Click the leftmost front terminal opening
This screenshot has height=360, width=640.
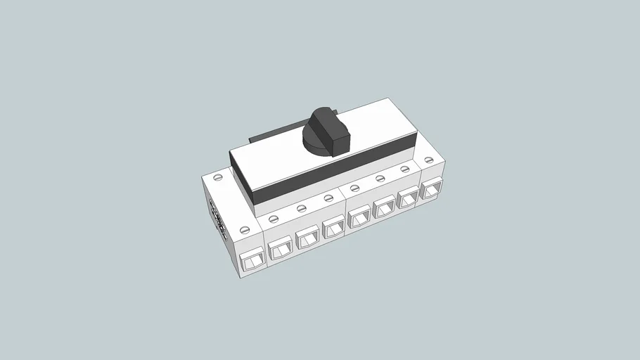click(x=252, y=262)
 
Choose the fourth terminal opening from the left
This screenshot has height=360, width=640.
click(x=333, y=227)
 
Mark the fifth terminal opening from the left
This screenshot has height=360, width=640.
click(x=359, y=217)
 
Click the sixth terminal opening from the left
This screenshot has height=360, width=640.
click(x=384, y=208)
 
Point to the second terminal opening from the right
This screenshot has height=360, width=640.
click(x=407, y=199)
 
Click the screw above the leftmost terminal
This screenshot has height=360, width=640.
click(x=245, y=229)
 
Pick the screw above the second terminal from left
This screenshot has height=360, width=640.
click(x=274, y=218)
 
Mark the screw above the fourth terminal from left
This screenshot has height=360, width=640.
click(x=328, y=198)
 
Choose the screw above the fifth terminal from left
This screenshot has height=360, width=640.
click(x=354, y=188)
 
